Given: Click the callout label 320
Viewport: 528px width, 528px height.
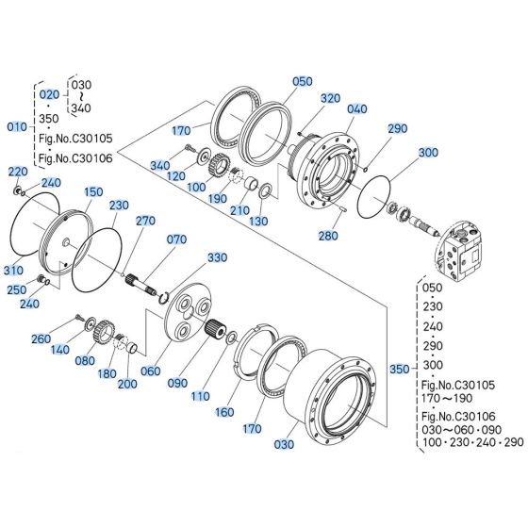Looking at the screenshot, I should (330, 98).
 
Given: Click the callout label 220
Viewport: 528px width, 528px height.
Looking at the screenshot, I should (18, 172).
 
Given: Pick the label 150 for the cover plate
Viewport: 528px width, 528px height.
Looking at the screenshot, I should (92, 191).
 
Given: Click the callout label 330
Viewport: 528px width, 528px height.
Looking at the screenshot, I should (218, 257).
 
